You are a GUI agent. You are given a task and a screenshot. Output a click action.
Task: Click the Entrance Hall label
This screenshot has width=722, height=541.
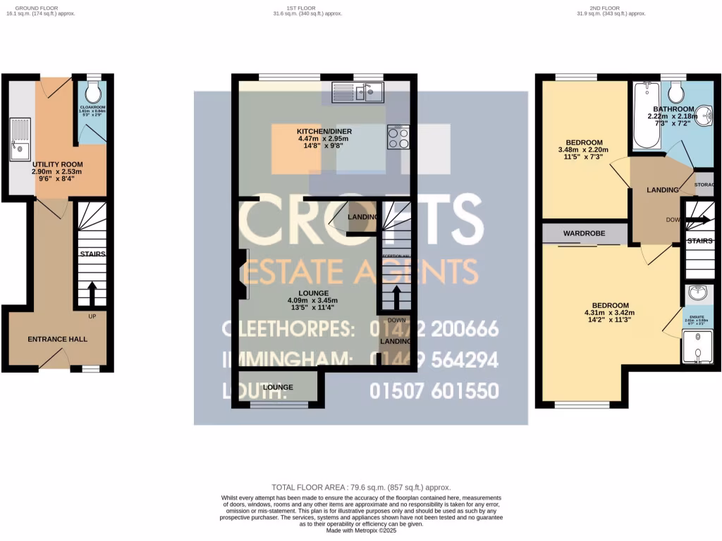pyautogui.click(x=58, y=340)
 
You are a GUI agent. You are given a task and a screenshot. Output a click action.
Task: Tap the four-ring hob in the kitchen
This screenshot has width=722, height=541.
pyautogui.click(x=398, y=137)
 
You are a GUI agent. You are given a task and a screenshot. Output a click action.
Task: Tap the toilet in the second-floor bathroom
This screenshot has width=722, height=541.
pyautogui.click(x=675, y=92)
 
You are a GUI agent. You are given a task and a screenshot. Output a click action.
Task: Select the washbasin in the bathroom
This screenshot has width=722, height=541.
pyautogui.click(x=706, y=115)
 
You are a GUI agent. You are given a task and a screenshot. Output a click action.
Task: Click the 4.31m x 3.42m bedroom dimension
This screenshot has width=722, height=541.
pyautogui.click(x=609, y=313)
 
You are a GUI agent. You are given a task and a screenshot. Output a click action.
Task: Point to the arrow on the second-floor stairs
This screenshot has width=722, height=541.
pyautogui.click(x=699, y=219)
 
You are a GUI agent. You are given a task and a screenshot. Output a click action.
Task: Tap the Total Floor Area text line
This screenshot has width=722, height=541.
pyautogui.click(x=361, y=487)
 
